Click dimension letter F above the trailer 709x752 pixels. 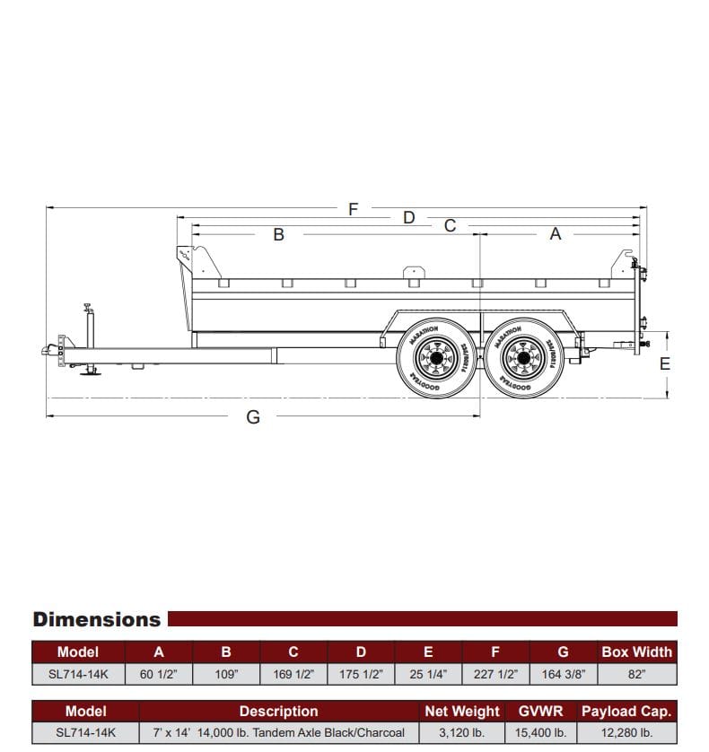(353, 209)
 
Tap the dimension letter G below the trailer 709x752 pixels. (253, 417)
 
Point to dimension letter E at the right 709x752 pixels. (665, 363)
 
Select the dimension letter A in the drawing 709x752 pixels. (555, 234)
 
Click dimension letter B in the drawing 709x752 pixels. (278, 235)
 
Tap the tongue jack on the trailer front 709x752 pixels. (89, 341)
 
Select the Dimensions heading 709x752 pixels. (97, 619)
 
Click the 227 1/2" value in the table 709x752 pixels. (495, 674)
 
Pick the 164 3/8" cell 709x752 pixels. (564, 674)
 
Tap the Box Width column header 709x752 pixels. (636, 652)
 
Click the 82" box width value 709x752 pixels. (636, 674)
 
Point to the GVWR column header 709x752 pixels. (540, 712)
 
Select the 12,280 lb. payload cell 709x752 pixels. (626, 733)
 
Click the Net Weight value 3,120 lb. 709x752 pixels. (461, 733)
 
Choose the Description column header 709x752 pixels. (278, 712)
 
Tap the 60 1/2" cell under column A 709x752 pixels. (159, 674)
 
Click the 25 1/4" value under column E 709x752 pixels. (428, 674)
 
